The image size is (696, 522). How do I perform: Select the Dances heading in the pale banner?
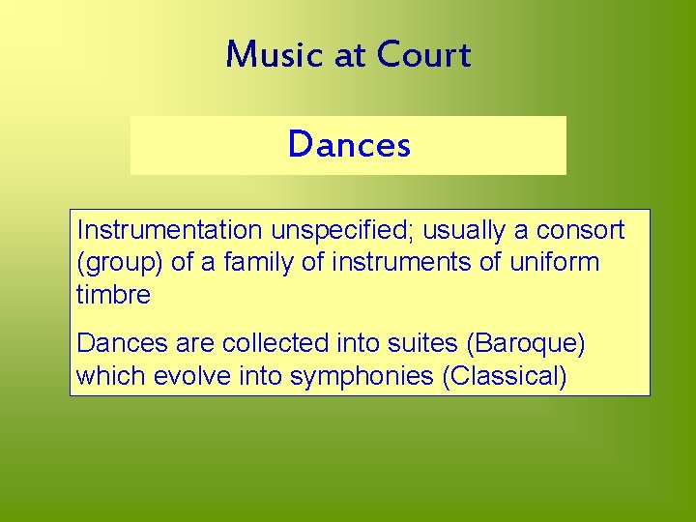(x=349, y=145)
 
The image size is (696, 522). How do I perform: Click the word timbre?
(x=113, y=294)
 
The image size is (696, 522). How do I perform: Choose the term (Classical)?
(x=504, y=375)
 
